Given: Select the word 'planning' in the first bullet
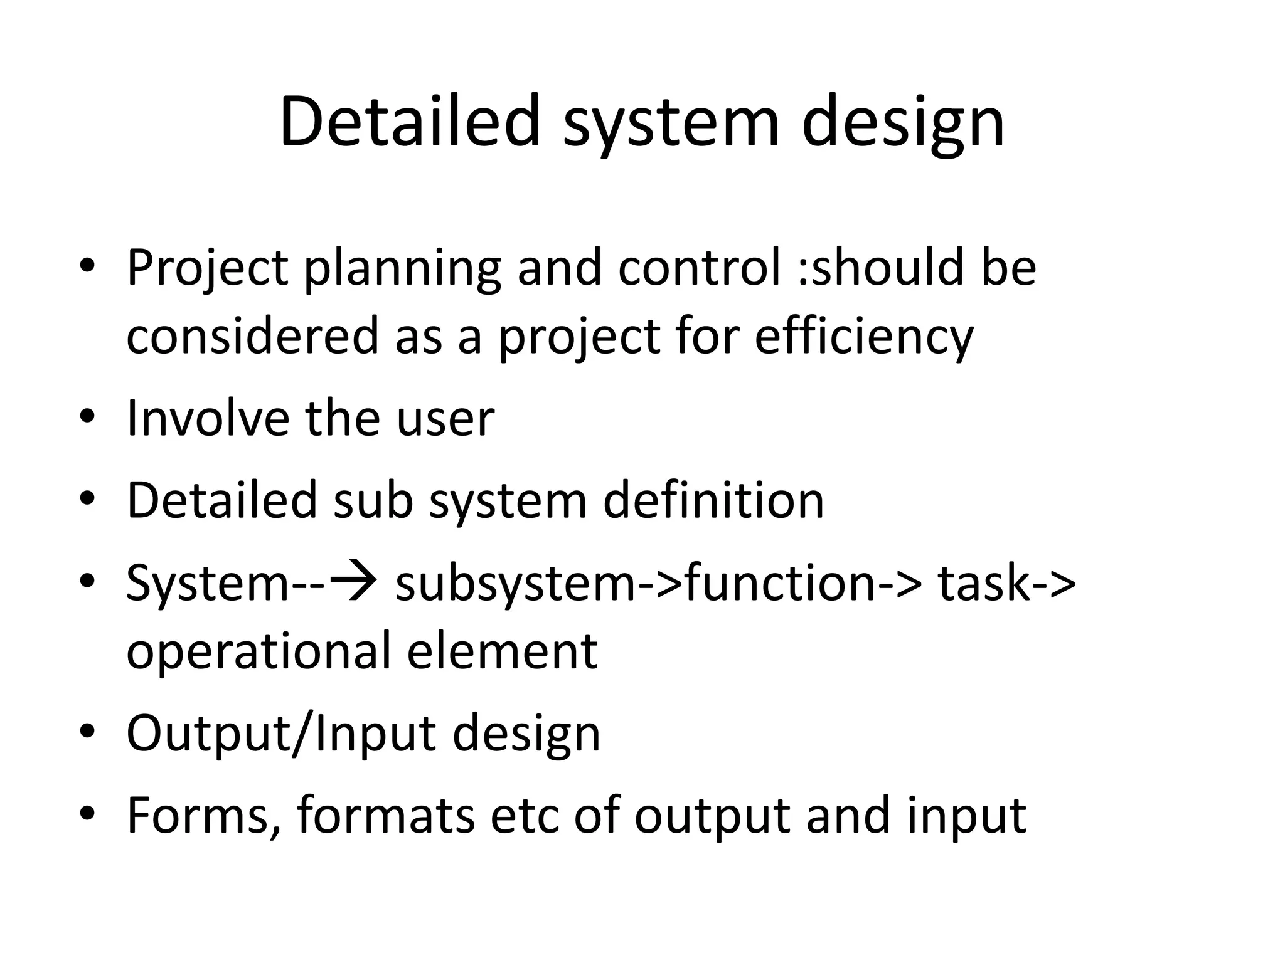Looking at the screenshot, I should (x=402, y=268).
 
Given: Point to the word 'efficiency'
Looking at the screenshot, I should (x=863, y=337).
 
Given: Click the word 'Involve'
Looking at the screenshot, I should (x=207, y=418).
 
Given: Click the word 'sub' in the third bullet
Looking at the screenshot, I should (x=373, y=500).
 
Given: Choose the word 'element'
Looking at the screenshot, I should (x=502, y=651).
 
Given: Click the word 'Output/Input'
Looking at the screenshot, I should (x=280, y=734).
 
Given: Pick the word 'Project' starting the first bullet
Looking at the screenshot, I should (x=207, y=268).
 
